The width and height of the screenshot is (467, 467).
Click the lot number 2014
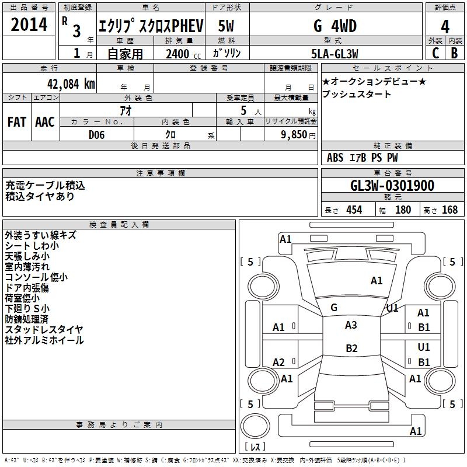29,25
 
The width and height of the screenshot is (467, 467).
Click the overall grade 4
445,26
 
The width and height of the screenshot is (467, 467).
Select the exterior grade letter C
435,53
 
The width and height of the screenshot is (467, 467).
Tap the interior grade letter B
454,53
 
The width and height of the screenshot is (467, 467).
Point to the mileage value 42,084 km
71,84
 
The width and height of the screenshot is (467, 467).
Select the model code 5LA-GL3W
334,54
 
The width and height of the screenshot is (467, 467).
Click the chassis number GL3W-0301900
392,185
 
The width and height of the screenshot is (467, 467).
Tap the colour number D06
96,135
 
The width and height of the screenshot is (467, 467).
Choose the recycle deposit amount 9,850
294,135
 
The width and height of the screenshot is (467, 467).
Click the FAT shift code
17,122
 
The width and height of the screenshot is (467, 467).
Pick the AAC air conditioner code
45,122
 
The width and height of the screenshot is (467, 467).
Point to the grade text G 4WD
335,26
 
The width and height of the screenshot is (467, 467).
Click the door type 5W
226,26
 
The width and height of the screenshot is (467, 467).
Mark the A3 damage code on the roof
351,325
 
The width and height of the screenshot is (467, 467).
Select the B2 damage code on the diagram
351,348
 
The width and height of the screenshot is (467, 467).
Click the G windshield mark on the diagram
334,308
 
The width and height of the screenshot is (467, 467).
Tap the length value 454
354,210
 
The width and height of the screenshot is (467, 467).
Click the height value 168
449,210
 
